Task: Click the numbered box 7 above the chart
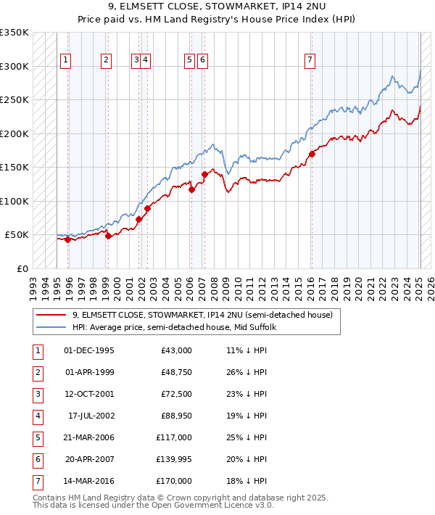click(x=310, y=60)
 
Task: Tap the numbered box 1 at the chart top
click(x=66, y=60)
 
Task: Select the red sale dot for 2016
click(x=312, y=154)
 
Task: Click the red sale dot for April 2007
click(x=204, y=174)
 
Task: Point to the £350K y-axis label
click(x=14, y=33)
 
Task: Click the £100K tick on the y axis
click(x=14, y=201)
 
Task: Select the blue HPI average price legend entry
click(x=185, y=327)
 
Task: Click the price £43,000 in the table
click(x=177, y=350)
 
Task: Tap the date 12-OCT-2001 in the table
click(x=89, y=395)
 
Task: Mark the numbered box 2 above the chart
click(x=107, y=60)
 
